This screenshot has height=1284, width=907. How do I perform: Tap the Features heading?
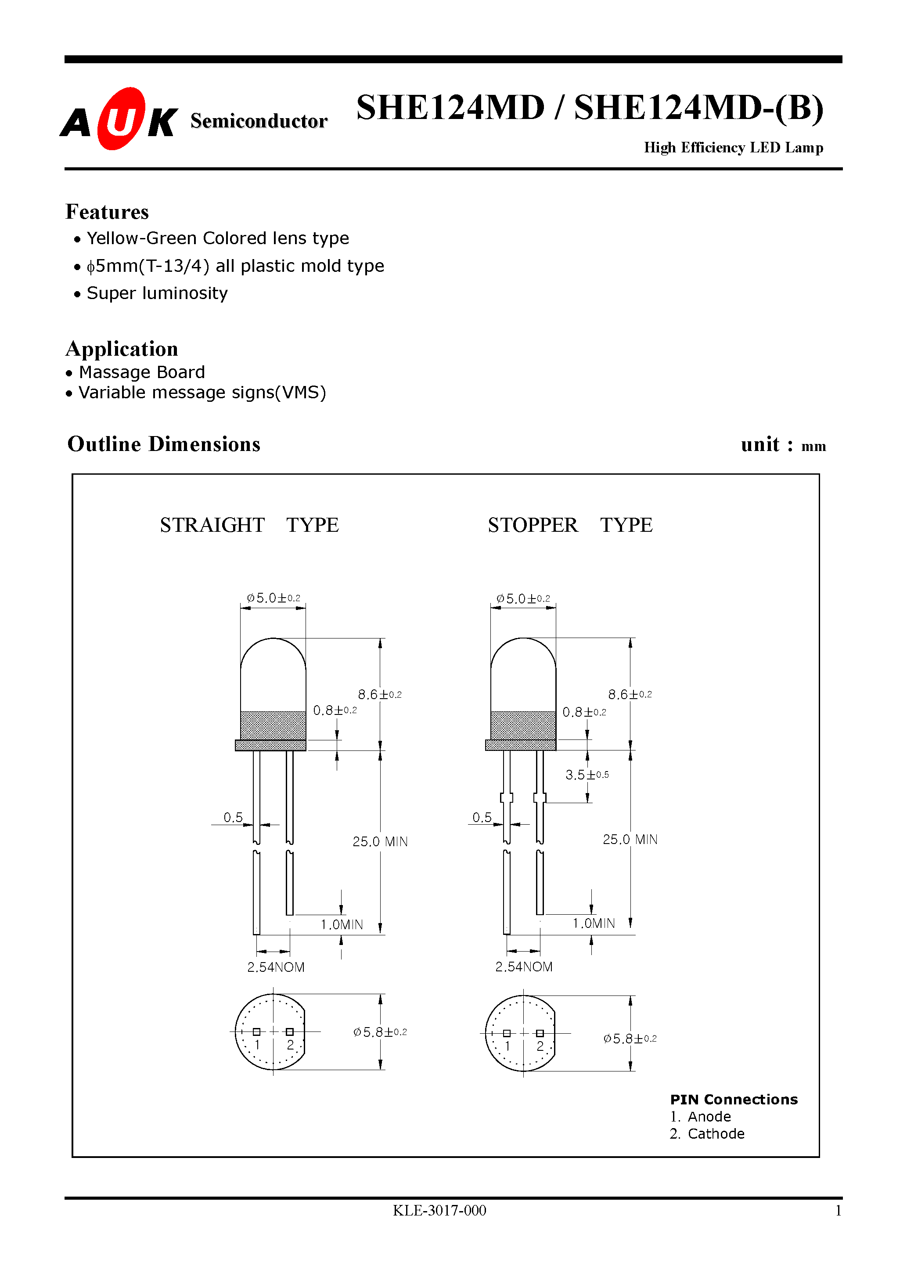107,212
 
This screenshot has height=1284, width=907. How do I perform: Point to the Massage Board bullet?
141,372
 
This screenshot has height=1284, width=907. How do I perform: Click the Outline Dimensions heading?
164,444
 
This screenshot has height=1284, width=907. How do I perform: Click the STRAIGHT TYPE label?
249,525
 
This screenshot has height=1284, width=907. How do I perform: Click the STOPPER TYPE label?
570,525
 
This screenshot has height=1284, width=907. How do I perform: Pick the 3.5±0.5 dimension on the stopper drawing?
586,775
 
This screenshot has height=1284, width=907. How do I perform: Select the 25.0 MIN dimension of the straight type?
380,842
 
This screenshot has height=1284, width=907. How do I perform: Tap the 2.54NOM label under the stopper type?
523,967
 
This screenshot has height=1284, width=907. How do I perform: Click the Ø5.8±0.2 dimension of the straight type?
380,1032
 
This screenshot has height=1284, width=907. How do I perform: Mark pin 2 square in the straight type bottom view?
290,1032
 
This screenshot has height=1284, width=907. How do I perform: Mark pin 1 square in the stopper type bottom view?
507,1033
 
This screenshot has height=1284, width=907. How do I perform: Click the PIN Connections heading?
734,1100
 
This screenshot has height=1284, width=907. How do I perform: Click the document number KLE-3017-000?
439,1210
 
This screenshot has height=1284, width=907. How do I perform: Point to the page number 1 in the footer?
838,1211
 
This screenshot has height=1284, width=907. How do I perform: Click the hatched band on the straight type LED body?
273,725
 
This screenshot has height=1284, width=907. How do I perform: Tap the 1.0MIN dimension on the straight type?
341,924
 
